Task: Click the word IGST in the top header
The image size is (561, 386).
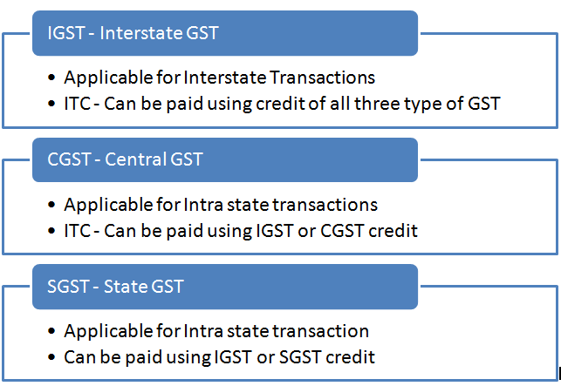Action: point(65,33)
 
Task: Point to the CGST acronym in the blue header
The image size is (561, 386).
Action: point(69,159)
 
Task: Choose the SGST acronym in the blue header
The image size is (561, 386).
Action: point(69,287)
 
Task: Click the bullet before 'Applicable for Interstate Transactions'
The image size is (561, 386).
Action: point(51,78)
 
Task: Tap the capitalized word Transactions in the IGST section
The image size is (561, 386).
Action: point(322,78)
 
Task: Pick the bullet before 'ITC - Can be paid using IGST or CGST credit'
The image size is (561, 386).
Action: point(51,231)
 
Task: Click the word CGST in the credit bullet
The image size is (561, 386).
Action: point(342,231)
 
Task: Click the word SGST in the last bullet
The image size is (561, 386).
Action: point(300,357)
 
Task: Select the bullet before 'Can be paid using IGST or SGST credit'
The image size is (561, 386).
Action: point(51,357)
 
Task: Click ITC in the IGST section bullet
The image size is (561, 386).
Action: point(78,104)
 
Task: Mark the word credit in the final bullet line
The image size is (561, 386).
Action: point(351,357)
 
